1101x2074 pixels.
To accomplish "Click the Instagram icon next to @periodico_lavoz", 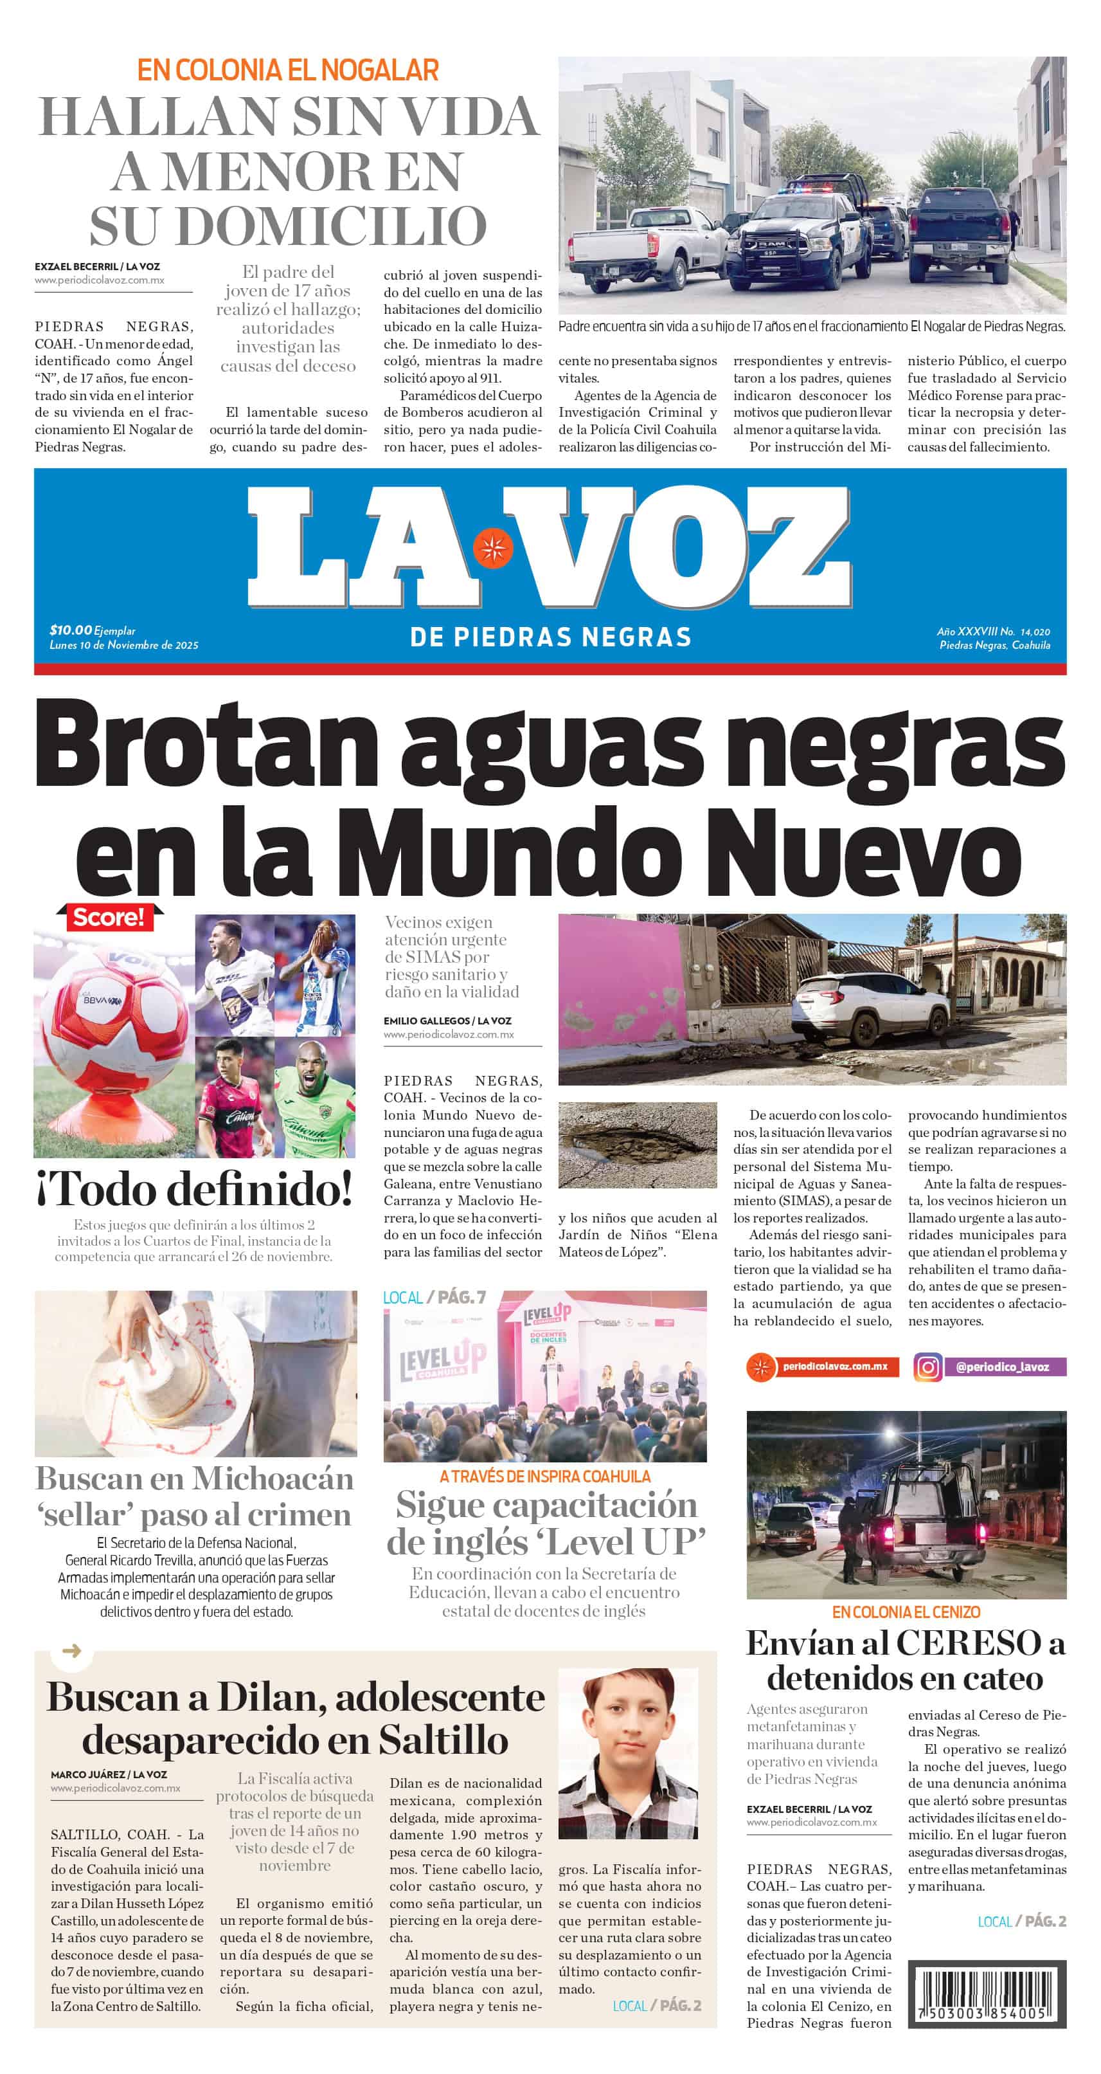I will pyautogui.click(x=927, y=1367).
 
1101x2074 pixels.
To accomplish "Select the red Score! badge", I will pyautogui.click(x=109, y=917).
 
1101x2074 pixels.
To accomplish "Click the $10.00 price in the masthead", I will pyautogui.click(x=71, y=630).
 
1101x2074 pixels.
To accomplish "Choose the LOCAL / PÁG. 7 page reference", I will pyautogui.click(x=434, y=1298).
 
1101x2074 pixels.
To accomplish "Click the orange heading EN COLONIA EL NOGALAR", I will pyautogui.click(x=287, y=71).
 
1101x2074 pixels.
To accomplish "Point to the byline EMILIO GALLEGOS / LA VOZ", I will pyautogui.click(x=447, y=1021).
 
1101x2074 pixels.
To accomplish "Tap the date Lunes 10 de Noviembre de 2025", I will pyautogui.click(x=124, y=645).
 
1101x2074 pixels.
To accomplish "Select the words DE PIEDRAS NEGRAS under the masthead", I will pyautogui.click(x=550, y=638).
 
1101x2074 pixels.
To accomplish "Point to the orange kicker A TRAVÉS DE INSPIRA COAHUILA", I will pyautogui.click(x=545, y=1477).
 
